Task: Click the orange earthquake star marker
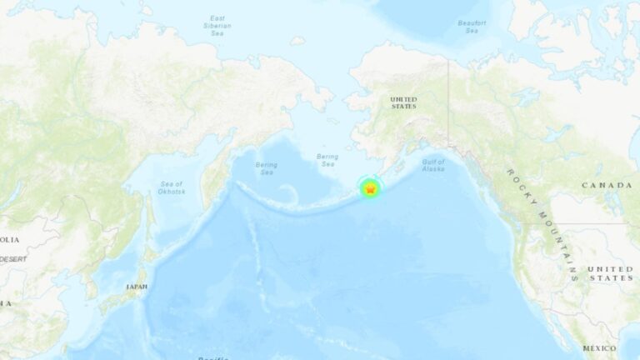[x=369, y=190]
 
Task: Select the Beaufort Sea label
[x=472, y=27]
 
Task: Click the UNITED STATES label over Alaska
[x=403, y=102]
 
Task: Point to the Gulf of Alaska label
[x=433, y=165]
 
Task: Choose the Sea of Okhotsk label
[x=172, y=187]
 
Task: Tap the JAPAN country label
[x=137, y=287]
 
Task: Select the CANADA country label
[x=606, y=184]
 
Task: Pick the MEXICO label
[x=599, y=348]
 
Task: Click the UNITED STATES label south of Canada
[x=610, y=273]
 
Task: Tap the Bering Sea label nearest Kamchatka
[x=267, y=168]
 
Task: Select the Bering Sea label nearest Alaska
[x=327, y=160]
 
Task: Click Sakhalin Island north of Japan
[x=150, y=221]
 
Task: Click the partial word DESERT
[x=13, y=259]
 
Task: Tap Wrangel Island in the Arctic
[x=297, y=40]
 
